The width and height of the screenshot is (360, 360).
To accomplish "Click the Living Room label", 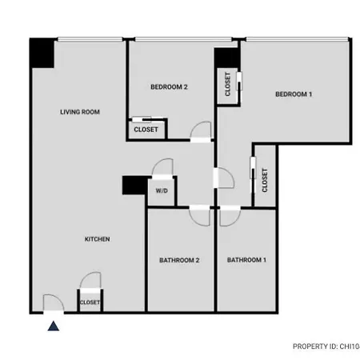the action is click(x=80, y=112).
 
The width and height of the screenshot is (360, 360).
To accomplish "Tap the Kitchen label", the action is click(x=98, y=239).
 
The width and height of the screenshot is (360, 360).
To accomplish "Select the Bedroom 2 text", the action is click(x=169, y=87).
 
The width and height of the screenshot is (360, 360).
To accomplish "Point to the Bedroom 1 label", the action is click(x=294, y=94).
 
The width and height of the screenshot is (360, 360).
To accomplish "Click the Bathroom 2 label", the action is click(x=179, y=260).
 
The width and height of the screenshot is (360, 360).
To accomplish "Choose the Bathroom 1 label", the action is click(x=246, y=260).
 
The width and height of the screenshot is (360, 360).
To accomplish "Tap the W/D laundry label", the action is click(x=162, y=190).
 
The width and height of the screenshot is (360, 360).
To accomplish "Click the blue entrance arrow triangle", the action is click(x=54, y=326).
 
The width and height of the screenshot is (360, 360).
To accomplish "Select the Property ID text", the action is click(x=326, y=346).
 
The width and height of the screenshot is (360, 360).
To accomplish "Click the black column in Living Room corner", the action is click(x=42, y=54).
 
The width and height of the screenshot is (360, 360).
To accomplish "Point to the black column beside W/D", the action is click(x=135, y=185).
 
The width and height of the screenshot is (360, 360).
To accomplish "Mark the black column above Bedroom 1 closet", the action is click(x=226, y=58).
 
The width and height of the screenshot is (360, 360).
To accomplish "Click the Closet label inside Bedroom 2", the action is click(x=146, y=130).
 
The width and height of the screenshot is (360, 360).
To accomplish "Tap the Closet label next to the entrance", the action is click(x=90, y=302).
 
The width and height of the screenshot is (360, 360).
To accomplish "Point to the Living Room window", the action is click(x=90, y=39).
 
